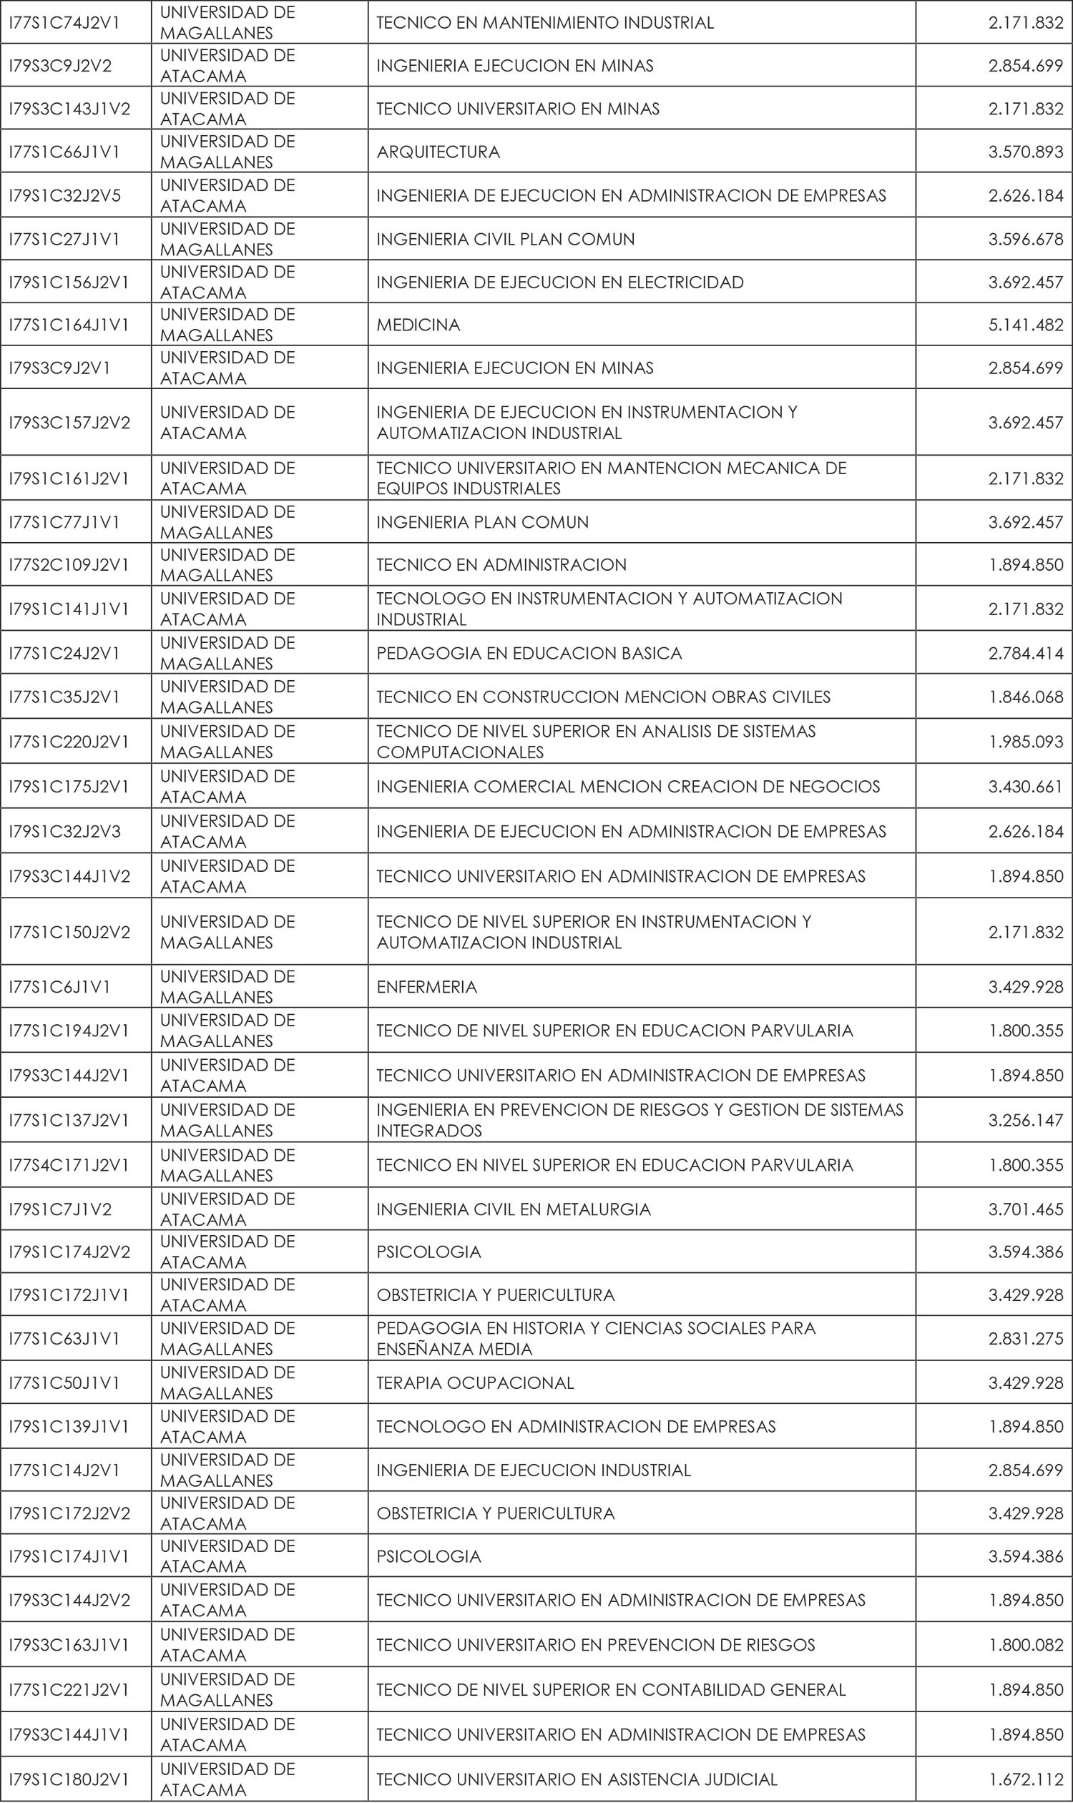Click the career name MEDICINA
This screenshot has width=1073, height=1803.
pyautogui.click(x=418, y=325)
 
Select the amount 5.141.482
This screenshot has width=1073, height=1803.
pyautogui.click(x=1025, y=325)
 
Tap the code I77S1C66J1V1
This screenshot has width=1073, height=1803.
pyautogui.click(x=64, y=152)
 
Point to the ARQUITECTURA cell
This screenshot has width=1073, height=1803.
pyautogui.click(x=438, y=152)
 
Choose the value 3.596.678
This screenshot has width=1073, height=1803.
pyautogui.click(x=1025, y=240)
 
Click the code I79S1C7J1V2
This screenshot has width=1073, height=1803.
pyautogui.click(x=60, y=1209)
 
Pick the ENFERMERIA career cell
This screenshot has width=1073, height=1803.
pyautogui.click(x=426, y=987)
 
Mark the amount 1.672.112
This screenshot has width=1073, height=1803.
pyautogui.click(x=1025, y=1779)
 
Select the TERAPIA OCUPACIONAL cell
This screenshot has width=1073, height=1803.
pyautogui.click(x=475, y=1383)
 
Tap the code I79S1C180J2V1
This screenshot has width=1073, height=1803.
pyautogui.click(x=69, y=1779)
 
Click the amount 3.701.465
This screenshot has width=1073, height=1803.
pyautogui.click(x=1025, y=1209)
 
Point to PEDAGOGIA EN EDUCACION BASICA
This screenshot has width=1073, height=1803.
pyautogui.click(x=529, y=654)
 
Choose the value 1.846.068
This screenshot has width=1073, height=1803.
pyautogui.click(x=1025, y=697)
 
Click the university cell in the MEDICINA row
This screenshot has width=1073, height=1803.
pyautogui.click(x=227, y=325)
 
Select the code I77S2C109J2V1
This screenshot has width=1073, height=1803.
pyautogui.click(x=69, y=564)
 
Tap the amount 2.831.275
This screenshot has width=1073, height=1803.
pyautogui.click(x=1025, y=1339)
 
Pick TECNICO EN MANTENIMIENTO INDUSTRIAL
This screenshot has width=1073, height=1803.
pyautogui.click(x=545, y=22)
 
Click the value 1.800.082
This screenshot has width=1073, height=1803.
pyautogui.click(x=1025, y=1645)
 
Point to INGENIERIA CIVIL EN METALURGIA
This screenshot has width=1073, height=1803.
pyautogui.click(x=514, y=1209)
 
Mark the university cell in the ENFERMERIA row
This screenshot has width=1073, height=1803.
pyautogui.click(x=227, y=987)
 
